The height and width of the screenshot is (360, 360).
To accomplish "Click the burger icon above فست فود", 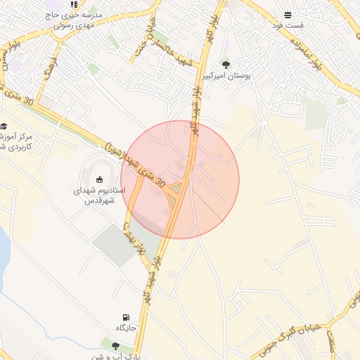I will click(x=288, y=15).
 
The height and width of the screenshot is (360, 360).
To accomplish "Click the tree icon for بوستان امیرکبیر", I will click(x=226, y=63).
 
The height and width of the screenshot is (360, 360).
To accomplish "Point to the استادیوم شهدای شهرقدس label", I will click(x=98, y=195).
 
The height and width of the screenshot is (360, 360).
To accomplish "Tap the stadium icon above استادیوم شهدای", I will click(x=99, y=179).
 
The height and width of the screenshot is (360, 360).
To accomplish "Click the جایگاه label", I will click(x=127, y=328).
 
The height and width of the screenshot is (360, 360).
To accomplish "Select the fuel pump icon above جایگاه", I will click(x=127, y=318).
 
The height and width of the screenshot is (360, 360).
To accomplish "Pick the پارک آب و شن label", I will click(x=112, y=356).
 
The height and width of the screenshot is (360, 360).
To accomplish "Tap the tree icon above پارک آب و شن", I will click(x=115, y=345).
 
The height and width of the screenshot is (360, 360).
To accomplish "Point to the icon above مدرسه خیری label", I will click(x=74, y=5).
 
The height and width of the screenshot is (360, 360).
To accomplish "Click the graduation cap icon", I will click(x=4, y=125).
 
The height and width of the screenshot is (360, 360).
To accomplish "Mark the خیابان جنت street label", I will click(x=143, y=43).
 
